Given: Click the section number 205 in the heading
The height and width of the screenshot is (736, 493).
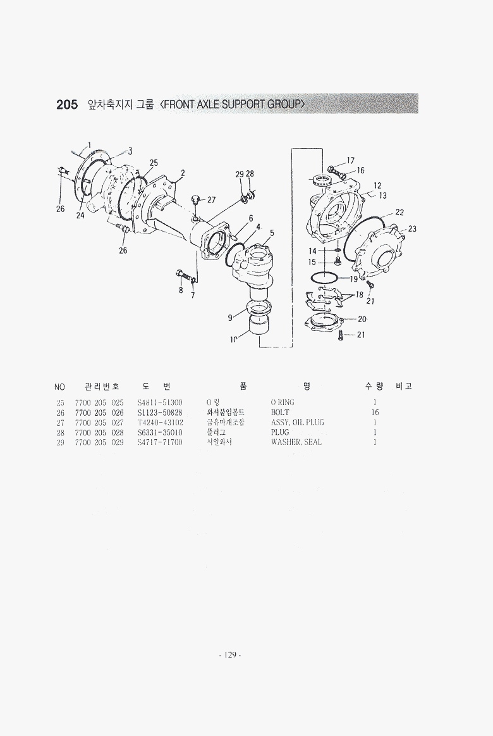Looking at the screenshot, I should pos(67,104).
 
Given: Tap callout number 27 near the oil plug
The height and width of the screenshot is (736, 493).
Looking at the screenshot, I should pos(211,200).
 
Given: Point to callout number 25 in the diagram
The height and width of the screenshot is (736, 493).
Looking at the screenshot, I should pos(154,163).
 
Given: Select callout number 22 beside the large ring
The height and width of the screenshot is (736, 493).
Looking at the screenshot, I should pos(399,212).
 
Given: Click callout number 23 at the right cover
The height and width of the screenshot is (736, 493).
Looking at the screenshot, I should pos(412,228).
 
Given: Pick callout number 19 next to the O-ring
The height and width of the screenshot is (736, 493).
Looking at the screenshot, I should pos(353,278).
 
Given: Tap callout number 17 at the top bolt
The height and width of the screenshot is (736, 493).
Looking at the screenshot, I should pos(350,161).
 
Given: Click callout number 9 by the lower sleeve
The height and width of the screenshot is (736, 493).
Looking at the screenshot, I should pos(229,318).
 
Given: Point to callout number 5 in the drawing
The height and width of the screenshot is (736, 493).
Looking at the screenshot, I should pos(272,233).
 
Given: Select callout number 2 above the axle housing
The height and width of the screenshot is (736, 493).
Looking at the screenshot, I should pos(183,172).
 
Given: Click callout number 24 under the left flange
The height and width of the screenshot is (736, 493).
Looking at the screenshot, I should pos(80,215).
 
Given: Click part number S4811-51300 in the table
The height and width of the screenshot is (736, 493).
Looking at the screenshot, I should pos(160,402).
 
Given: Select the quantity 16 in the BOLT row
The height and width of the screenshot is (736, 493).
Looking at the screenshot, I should pos(375,413).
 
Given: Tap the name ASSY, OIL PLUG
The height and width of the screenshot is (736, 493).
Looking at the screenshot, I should pos(297,422).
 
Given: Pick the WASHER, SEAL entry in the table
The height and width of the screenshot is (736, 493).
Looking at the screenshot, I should pos(296,442).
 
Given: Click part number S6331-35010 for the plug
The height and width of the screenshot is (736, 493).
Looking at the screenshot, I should pos(160,432).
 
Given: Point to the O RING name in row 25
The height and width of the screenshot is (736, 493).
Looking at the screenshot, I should pos(283,402).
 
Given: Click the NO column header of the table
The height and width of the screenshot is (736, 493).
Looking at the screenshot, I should pos(60,387).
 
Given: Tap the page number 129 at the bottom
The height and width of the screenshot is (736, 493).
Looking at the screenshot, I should pos(229,655).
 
